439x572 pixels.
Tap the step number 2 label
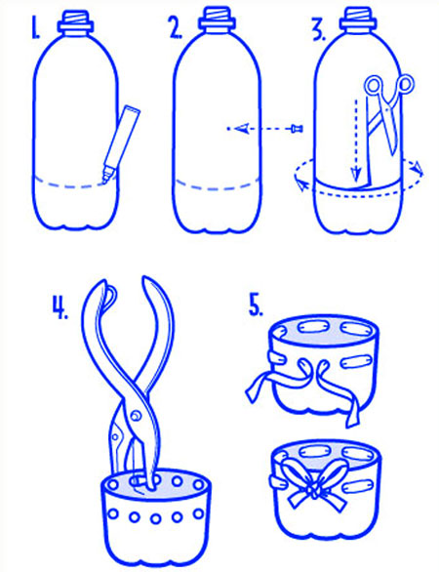click(176, 27)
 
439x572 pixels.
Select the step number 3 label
click(319, 29)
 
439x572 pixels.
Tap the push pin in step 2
click(298, 129)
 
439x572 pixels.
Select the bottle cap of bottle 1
click(75, 21)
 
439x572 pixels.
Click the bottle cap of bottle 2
click(217, 20)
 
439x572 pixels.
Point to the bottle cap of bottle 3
click(358, 20)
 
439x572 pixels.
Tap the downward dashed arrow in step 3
click(356, 140)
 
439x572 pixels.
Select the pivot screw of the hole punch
click(137, 416)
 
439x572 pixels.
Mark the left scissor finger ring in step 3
click(374, 85)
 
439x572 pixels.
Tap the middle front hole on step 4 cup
click(156, 518)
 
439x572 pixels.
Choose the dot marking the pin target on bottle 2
click(228, 129)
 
